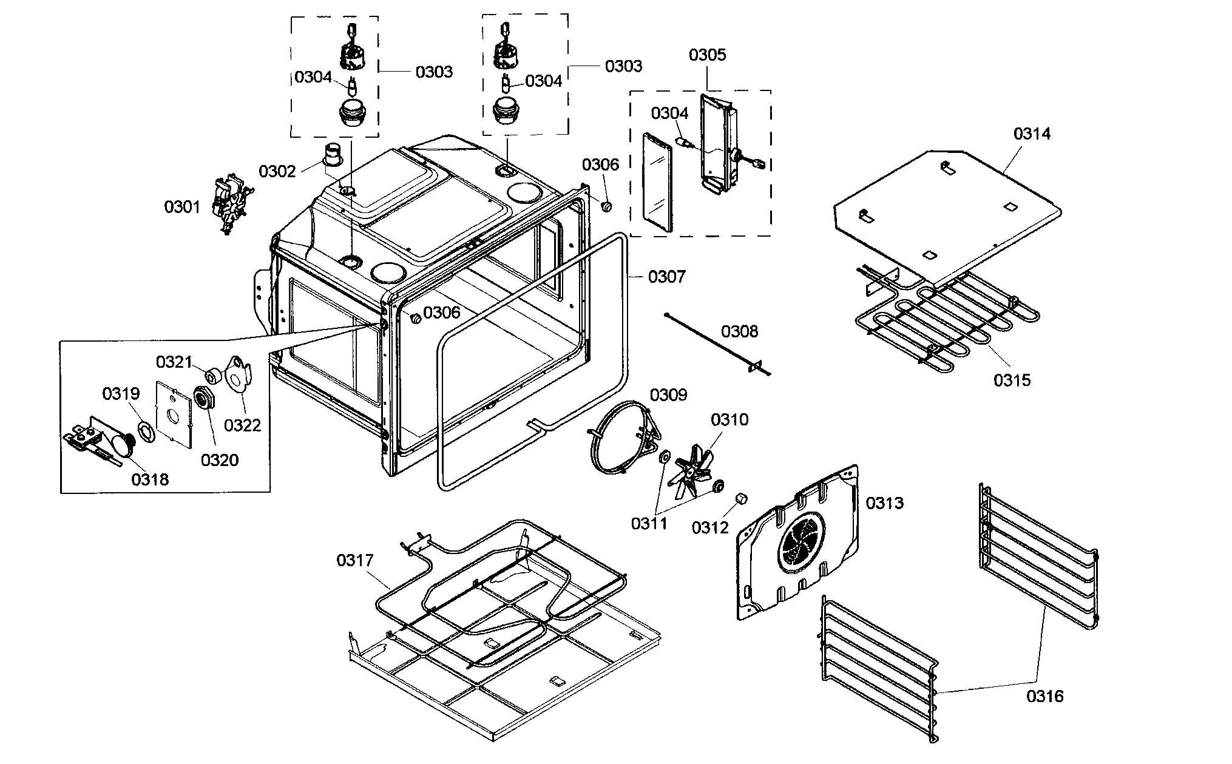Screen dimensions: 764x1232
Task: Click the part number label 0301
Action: click(182, 208)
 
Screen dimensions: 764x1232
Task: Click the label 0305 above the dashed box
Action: click(707, 55)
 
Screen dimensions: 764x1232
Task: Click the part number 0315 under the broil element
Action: click(1012, 380)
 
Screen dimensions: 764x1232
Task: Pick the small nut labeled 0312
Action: click(741, 499)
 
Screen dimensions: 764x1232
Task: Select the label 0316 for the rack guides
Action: click(1045, 695)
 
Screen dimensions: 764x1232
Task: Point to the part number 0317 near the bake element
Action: click(355, 560)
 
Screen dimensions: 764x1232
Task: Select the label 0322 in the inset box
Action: click(242, 425)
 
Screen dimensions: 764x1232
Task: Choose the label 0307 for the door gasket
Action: click(667, 277)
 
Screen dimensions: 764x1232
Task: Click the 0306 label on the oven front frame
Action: click(442, 313)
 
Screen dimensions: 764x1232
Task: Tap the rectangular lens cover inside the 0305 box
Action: click(658, 182)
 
